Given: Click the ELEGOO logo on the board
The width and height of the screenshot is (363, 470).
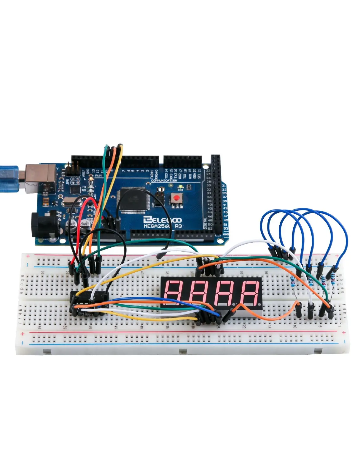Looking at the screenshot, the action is pos(162,220).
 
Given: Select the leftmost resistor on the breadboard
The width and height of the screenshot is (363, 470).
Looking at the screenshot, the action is pos(293,280).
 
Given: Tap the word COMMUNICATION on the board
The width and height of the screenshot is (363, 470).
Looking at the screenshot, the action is pos(164,180).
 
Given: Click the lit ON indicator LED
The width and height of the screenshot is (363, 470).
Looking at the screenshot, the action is pos(180,187).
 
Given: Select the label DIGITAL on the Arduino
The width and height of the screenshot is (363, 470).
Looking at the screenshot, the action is pos(205,223).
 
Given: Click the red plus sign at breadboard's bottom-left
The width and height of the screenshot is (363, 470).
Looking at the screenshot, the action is pos(23,334).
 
